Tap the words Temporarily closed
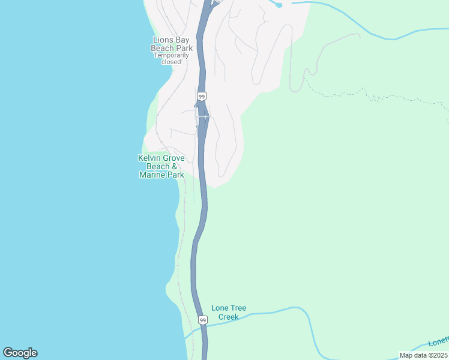tap(171, 58)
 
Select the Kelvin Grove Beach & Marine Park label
tap(161, 166)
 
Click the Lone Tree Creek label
tap(228, 312)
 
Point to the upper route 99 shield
tap(202, 97)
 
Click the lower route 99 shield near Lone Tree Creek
tap(203, 321)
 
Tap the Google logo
tap(20, 353)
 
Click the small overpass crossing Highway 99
tap(202, 116)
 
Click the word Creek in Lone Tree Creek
tap(228, 317)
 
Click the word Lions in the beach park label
tap(162, 41)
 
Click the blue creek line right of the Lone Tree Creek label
tap(282, 310)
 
